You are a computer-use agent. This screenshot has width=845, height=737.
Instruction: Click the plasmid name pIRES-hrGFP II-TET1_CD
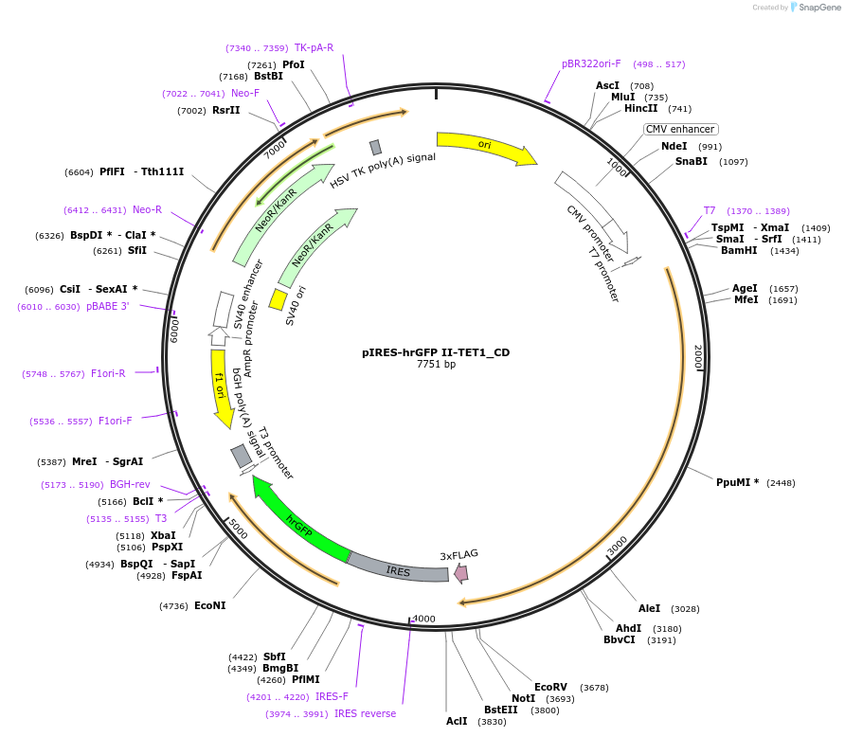coord(436,352)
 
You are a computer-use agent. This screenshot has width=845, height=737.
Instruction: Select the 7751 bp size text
coord(436,364)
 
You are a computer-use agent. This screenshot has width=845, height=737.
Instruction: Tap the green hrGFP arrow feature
coord(298,520)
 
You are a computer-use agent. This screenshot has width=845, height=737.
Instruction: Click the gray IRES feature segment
coord(398,567)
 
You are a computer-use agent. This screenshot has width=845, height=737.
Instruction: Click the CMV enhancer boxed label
coord(680,129)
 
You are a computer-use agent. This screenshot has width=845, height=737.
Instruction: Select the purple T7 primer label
coord(709,210)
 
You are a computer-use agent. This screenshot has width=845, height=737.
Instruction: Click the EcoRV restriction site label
coord(550,687)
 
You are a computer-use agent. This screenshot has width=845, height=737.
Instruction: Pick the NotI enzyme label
coord(523,698)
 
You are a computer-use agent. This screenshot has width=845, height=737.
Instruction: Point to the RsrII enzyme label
coord(226,111)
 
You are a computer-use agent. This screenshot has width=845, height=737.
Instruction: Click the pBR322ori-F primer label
coord(591,64)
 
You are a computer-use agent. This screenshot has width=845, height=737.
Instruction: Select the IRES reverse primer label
coord(365,713)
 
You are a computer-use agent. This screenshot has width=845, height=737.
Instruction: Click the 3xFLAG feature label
coord(458,555)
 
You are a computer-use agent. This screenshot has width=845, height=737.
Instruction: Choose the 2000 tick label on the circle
coord(697,357)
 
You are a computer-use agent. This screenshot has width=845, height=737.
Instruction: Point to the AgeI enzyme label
coord(745,288)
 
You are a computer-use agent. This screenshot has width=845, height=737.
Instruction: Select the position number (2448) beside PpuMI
coord(781,483)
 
